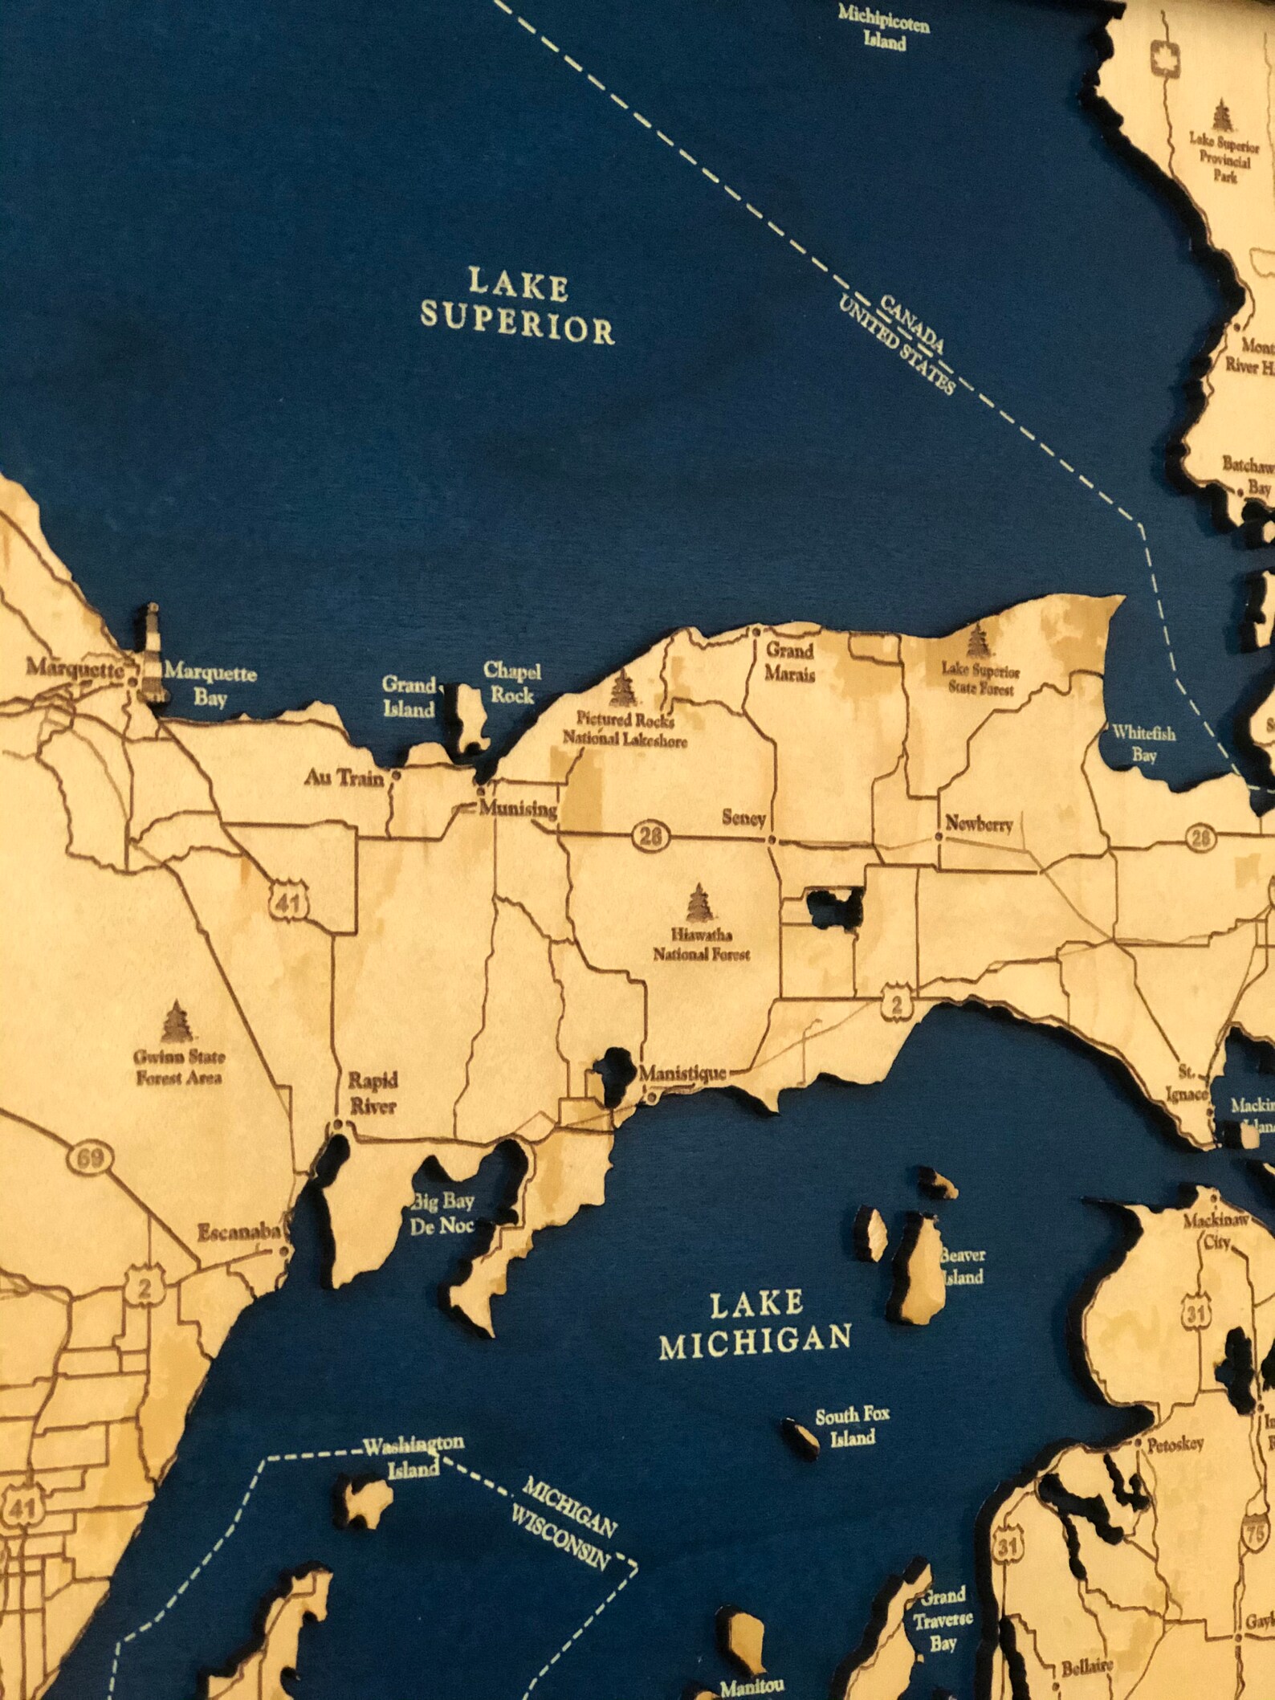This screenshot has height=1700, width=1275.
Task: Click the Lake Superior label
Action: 518,307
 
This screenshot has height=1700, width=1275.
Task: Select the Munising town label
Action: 518,809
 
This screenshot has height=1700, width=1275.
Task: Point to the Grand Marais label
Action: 789,662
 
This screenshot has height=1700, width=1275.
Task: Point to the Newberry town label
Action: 979,823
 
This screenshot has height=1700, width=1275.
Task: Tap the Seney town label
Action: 744,819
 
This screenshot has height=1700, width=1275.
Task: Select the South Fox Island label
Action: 852,1426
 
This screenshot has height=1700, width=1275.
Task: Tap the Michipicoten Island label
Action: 884,27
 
